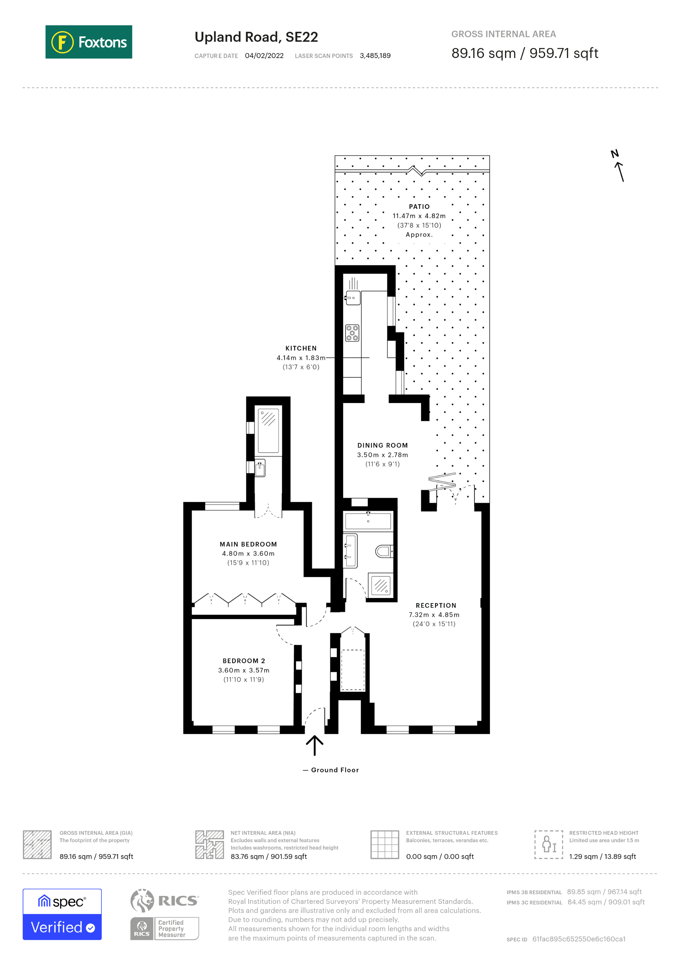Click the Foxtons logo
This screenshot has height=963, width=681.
(x=89, y=42)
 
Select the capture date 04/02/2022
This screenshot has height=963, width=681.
(x=264, y=56)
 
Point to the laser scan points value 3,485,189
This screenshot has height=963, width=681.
(x=375, y=56)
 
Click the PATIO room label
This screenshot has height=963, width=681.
(x=419, y=206)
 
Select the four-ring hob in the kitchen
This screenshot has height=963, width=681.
(x=352, y=332)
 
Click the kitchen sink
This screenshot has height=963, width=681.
(x=353, y=298)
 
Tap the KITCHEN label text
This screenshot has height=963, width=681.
(x=301, y=348)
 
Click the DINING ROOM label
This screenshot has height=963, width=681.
(x=382, y=445)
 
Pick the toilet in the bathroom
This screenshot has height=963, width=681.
(x=383, y=551)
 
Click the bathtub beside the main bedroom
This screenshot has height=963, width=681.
(x=268, y=431)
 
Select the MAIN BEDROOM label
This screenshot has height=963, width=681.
(x=248, y=544)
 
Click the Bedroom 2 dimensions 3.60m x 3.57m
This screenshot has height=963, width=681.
(x=243, y=670)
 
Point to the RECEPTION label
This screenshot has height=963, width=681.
(x=436, y=605)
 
